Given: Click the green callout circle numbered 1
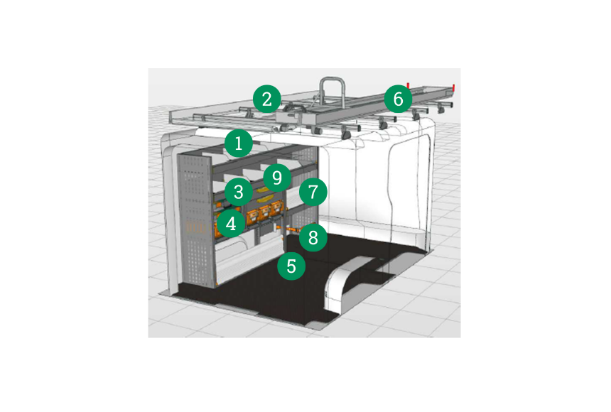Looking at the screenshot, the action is (x=239, y=143).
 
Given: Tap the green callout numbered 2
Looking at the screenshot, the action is (x=267, y=99).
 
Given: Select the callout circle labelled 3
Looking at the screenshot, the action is (x=239, y=192).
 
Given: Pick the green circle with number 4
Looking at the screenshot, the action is (x=231, y=224).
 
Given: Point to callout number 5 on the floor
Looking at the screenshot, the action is (x=291, y=266).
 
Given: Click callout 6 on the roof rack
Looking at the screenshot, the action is (x=398, y=99).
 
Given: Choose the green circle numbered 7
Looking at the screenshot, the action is (x=313, y=192).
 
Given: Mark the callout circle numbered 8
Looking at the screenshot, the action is (x=313, y=237).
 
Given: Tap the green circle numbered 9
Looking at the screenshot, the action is (x=277, y=178).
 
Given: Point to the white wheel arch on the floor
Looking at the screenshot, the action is (x=343, y=281).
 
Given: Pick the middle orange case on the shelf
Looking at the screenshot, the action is (x=265, y=213).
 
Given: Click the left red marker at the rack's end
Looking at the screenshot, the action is (x=408, y=85).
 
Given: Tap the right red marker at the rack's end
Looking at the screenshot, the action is (x=454, y=88).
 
